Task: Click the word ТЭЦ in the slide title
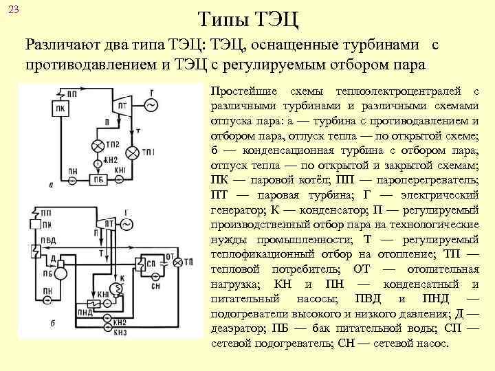click(x=274, y=18)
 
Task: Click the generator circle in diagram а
click(x=149, y=104)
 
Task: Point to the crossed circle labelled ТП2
click(x=96, y=146)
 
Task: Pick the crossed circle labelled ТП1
click(x=132, y=152)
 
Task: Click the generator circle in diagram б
click(x=127, y=225)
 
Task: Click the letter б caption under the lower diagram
click(x=53, y=323)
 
